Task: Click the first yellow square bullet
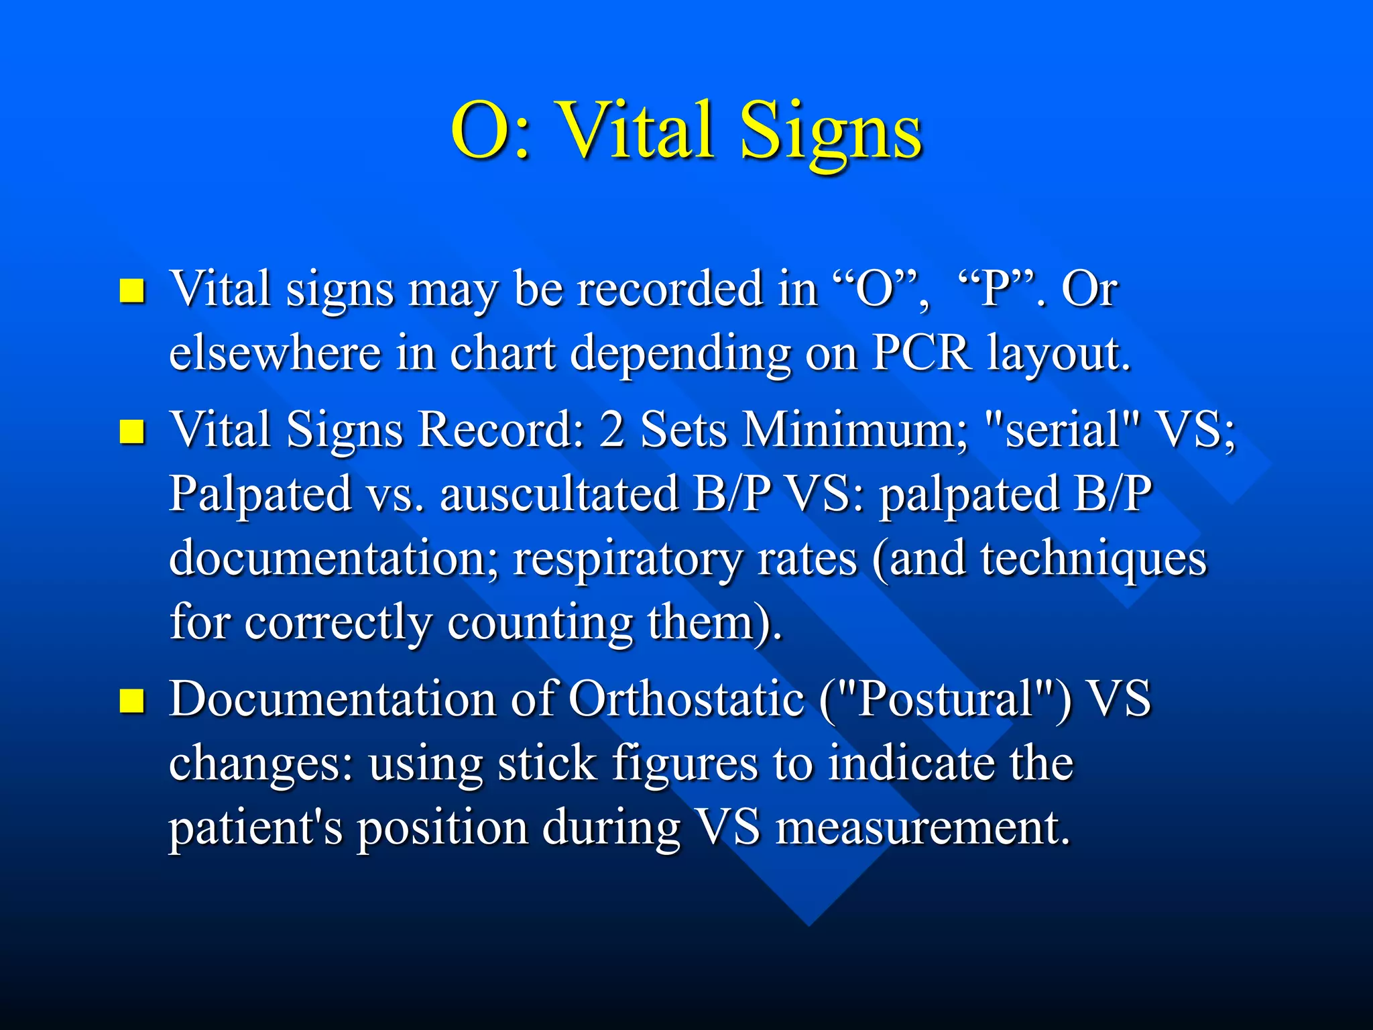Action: tap(132, 291)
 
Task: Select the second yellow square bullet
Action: tap(132, 433)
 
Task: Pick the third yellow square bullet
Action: tap(132, 700)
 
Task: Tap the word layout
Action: tap(1059, 354)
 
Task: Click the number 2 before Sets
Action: tap(612, 429)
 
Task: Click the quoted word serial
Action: tap(1063, 429)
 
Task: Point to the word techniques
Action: tap(1093, 558)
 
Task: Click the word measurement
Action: tap(922, 827)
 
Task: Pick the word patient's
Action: tap(255, 829)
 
